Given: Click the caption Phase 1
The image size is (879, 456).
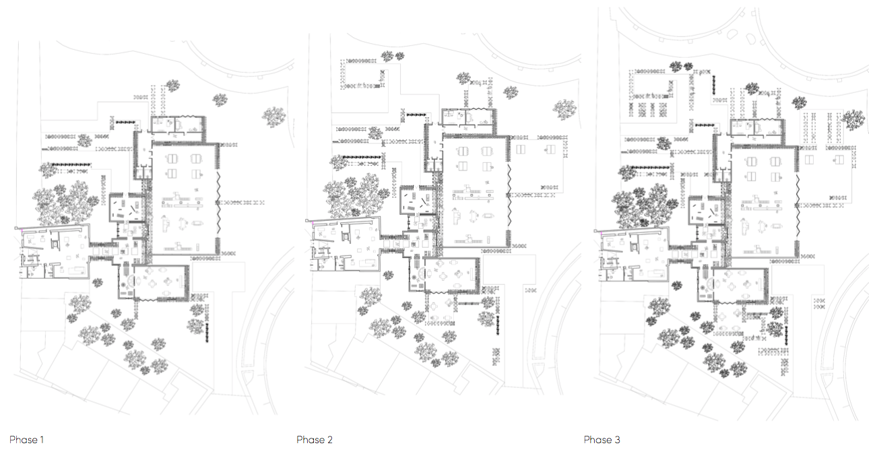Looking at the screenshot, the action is (x=27, y=440).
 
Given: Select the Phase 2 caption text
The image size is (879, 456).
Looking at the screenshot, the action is (x=315, y=440).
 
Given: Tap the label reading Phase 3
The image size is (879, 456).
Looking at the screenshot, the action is (x=602, y=440).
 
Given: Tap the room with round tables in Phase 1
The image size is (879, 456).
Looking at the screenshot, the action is (x=154, y=282).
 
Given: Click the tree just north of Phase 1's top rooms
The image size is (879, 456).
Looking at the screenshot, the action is (x=172, y=86).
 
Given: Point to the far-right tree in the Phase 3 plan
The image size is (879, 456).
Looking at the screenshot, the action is (x=854, y=119).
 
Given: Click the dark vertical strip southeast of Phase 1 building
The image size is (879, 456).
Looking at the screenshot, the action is (x=209, y=330).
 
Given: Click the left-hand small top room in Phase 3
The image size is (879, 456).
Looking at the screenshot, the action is (x=743, y=127).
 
